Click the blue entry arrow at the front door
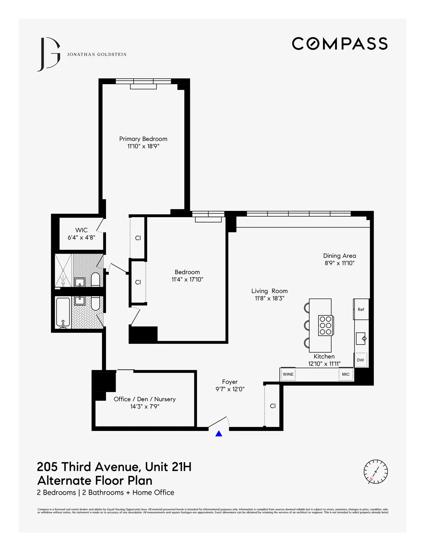pos(219,434)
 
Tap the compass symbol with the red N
pos(375,471)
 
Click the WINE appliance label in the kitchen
pos(288,374)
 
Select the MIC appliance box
pos(346,374)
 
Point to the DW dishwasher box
pos(360,360)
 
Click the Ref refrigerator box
pos(361,309)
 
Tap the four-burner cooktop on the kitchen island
pos(326,325)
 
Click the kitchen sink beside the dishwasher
pos(361,338)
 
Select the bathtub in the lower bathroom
pos(63,313)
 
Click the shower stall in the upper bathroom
pos(63,270)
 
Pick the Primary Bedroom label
pos(143,139)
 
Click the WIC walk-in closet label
pos(81,230)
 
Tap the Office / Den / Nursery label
pos(144,399)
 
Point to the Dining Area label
pos(340,256)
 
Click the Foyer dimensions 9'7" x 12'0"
pos(230,389)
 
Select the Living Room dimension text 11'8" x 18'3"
pos(270,299)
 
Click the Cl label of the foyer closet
pos(273,406)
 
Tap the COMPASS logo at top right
pos(340,44)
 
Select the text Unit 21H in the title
pos(168,467)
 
